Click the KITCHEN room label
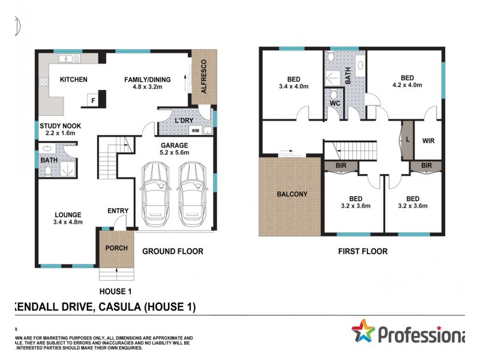[x=74, y=79]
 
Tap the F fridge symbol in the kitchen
[x=92, y=100]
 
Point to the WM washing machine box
[x=195, y=130]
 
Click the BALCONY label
[x=292, y=194]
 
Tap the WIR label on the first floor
[x=428, y=142]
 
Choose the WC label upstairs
[x=335, y=103]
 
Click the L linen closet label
[x=408, y=139]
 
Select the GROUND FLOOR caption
[x=173, y=251]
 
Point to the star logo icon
[x=363, y=331]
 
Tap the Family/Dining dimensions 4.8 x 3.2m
[x=148, y=87]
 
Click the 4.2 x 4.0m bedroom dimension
[x=407, y=85]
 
